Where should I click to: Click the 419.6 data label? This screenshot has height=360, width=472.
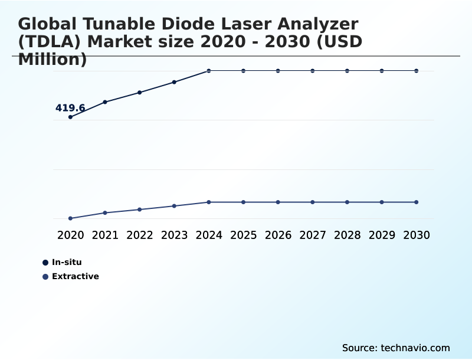[x=70, y=108]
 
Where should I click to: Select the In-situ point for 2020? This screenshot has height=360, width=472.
[x=70, y=117]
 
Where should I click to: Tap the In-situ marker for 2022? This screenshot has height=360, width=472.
[x=140, y=92]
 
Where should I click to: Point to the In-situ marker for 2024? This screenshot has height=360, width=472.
[x=209, y=71]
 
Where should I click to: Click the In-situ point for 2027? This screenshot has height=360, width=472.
[x=313, y=71]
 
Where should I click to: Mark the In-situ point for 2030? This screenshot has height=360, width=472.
[x=417, y=71]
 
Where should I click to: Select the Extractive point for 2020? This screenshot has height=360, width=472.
[x=70, y=218]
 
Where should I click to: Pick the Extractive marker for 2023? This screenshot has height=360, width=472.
[x=174, y=206]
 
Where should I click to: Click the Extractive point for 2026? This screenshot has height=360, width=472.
[x=278, y=202]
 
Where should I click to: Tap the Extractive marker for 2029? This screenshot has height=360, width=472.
[x=382, y=202]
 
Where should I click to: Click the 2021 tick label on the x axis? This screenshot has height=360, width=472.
[x=105, y=235]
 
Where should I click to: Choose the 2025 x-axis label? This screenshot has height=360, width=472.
[x=243, y=235]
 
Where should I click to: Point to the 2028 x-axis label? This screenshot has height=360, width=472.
[x=347, y=235]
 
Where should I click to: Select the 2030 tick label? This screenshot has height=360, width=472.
[x=417, y=235]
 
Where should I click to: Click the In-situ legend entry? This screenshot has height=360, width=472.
[x=66, y=262]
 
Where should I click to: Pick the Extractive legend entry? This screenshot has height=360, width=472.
[x=75, y=276]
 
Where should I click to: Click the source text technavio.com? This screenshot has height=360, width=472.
[x=415, y=348]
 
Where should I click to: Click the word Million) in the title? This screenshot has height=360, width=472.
[x=53, y=60]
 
